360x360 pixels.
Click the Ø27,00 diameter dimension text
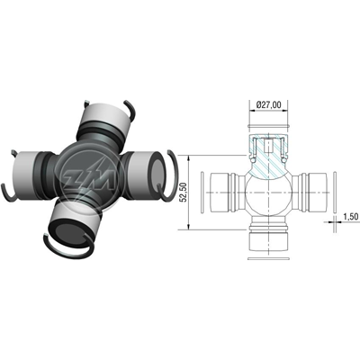pos(269,105)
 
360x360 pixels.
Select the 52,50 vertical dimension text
pos(184,192)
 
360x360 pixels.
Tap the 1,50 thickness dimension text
pos(352,217)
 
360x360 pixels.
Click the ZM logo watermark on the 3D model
pos(88,179)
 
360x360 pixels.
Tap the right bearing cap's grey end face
pos(157,177)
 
